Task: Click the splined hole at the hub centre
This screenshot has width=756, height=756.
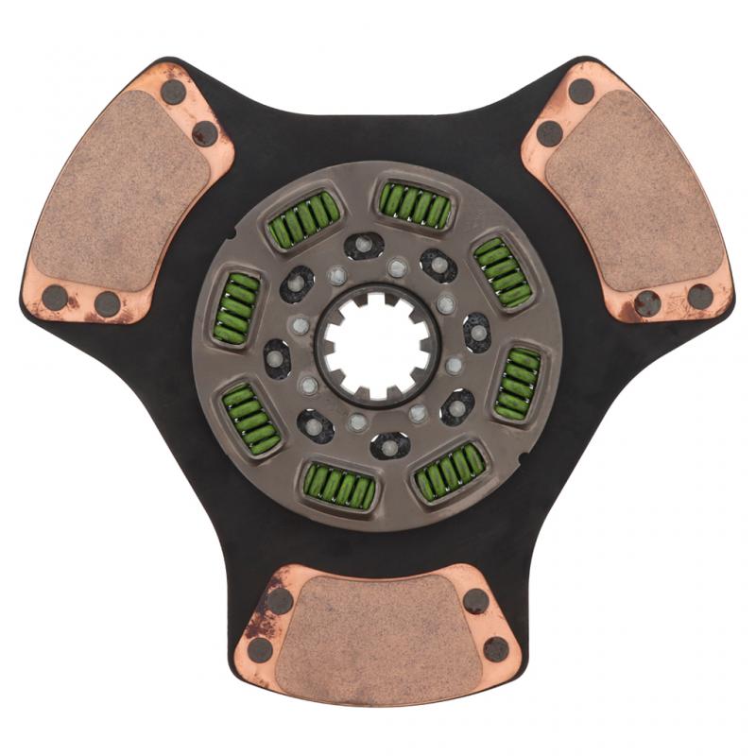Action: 377,346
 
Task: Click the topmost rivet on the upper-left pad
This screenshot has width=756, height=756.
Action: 173,92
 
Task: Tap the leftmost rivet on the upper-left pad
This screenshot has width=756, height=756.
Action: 55,298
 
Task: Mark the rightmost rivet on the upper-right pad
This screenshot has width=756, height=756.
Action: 700,297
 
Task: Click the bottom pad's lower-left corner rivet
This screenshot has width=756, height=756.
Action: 260,649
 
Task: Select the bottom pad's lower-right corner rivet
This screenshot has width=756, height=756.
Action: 496,649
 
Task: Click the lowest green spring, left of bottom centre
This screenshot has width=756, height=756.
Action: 338,486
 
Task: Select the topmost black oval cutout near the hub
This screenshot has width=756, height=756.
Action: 363,246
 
